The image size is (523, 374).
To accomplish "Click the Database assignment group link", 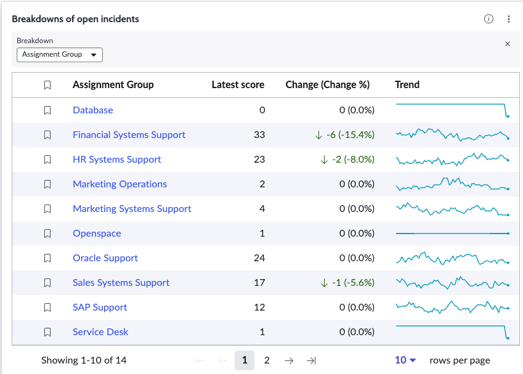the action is (93, 110).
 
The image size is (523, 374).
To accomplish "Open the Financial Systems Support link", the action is (129, 135).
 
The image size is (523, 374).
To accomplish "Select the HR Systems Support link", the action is (117, 160).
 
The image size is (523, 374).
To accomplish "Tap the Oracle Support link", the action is (105, 258).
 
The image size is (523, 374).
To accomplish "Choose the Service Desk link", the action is (100, 332).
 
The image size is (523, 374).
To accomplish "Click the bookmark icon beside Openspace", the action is (47, 234).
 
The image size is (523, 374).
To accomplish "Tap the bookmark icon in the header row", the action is (47, 85).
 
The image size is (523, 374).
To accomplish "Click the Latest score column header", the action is (238, 85).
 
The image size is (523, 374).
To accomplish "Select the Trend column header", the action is (407, 85).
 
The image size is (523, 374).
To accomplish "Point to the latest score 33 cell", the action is (259, 135).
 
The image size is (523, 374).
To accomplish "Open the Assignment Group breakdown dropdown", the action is (60, 55).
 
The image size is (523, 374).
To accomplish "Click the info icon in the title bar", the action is (489, 19).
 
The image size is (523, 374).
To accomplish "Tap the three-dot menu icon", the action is (509, 19).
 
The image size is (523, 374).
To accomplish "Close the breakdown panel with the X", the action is (508, 44).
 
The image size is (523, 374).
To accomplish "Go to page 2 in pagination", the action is (267, 360).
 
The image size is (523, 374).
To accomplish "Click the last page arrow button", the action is (311, 360).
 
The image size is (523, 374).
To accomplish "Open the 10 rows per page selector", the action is (405, 360).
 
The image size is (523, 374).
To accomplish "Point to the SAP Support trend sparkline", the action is (452, 307).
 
